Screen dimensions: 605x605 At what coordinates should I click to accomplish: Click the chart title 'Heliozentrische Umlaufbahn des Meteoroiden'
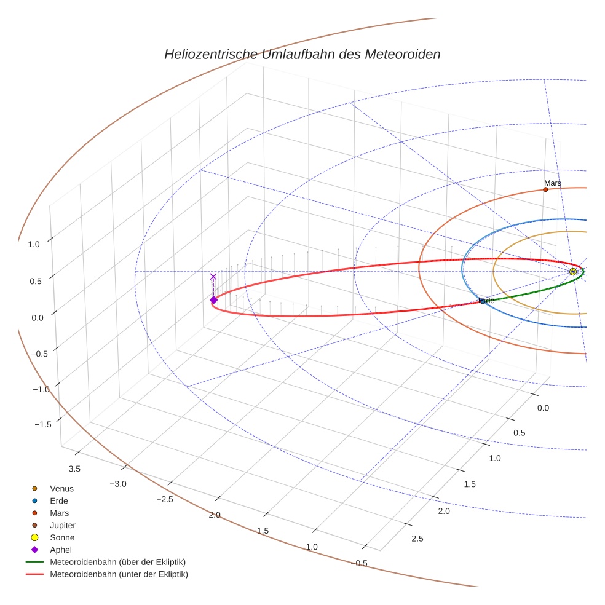click(x=302, y=54)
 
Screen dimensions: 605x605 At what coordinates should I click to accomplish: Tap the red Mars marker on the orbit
click(x=545, y=189)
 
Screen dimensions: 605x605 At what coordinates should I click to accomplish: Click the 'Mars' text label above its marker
click(x=552, y=183)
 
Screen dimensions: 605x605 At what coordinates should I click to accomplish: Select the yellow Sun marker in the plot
click(x=573, y=272)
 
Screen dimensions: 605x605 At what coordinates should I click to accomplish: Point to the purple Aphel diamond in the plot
click(x=213, y=300)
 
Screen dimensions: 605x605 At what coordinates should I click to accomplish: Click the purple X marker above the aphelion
click(x=213, y=277)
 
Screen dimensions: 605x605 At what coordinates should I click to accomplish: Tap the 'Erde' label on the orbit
click(x=486, y=301)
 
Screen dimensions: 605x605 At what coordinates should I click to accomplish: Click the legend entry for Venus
click(x=61, y=489)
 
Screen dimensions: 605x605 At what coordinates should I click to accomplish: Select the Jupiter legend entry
click(x=63, y=526)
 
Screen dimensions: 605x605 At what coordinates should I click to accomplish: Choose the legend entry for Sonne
click(x=62, y=538)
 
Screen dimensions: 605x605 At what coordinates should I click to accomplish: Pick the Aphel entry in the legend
click(x=61, y=550)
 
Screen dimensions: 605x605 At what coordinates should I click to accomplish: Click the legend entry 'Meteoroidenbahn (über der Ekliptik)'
click(x=117, y=562)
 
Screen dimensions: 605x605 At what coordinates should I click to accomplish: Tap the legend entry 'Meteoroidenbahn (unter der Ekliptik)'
click(x=119, y=574)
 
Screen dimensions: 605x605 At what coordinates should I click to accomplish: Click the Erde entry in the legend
click(x=59, y=501)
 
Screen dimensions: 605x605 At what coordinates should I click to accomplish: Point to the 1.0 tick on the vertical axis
click(x=34, y=244)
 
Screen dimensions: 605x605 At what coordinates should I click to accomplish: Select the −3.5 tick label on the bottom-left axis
click(x=73, y=469)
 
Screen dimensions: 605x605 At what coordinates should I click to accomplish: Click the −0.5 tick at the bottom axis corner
click(x=359, y=563)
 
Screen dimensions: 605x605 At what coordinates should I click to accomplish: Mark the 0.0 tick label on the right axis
click(x=544, y=409)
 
